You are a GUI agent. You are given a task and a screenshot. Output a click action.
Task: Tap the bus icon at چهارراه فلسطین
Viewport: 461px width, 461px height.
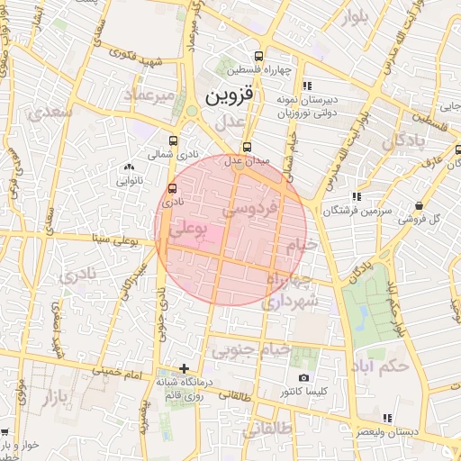point(259,55)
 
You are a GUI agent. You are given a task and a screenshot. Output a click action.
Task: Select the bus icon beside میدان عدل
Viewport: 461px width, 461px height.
point(248,147)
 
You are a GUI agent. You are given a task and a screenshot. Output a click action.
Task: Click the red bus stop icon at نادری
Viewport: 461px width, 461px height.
point(172,188)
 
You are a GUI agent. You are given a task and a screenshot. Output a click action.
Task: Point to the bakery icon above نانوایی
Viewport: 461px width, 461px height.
point(130,167)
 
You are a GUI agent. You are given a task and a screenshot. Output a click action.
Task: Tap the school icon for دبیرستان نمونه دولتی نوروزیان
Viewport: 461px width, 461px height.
point(307,86)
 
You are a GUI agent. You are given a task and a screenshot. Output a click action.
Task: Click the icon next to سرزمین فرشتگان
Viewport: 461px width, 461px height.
point(357,195)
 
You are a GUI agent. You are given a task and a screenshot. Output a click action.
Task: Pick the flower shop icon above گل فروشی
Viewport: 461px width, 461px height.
point(420,204)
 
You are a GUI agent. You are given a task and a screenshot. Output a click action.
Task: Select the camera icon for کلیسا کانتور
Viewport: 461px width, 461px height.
point(303,377)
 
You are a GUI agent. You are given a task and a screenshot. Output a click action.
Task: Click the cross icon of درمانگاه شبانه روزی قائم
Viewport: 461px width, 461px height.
point(185,368)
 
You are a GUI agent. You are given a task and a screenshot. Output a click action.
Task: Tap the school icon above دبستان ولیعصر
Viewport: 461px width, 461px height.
point(388,418)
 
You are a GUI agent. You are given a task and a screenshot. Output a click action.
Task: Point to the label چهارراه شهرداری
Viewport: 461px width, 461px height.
point(288,292)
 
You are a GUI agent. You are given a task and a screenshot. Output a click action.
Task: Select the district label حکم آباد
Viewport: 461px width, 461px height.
point(382,366)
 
